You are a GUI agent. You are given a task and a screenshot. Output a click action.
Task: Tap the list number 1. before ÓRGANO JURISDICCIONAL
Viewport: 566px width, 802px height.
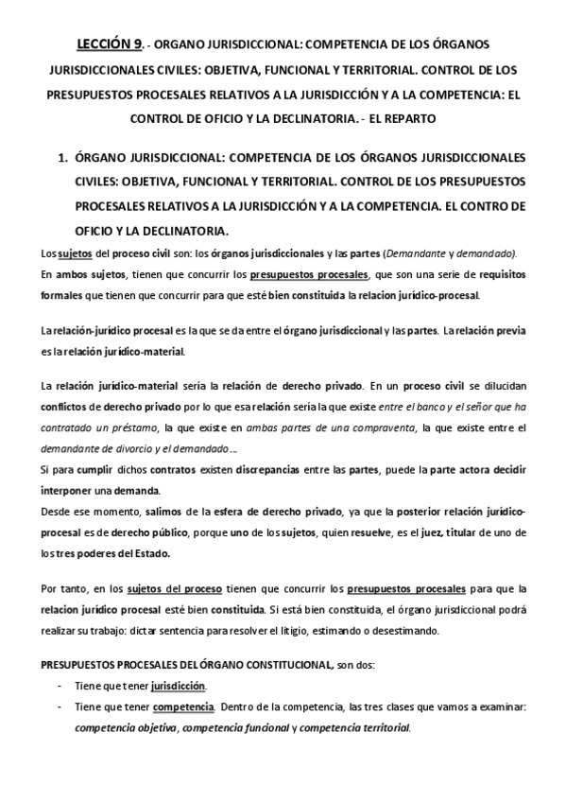[64, 157]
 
